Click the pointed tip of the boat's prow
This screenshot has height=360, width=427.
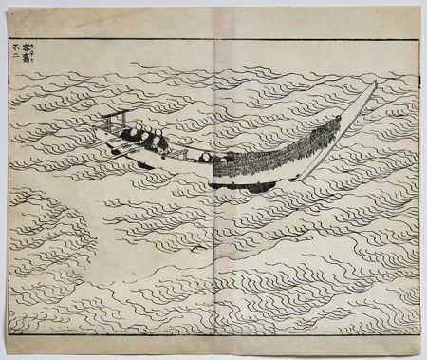pyautogui.click(x=375, y=83)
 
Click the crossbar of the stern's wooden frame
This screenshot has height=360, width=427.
pyautogui.click(x=113, y=118)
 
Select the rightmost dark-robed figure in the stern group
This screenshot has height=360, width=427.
pyautogui.click(x=162, y=144)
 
